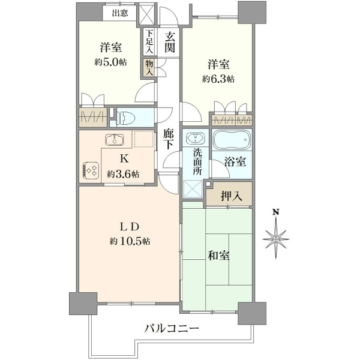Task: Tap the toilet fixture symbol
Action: pyautogui.click(x=125, y=117)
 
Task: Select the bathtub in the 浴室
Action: pyautogui.click(x=232, y=140)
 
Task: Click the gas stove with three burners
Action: pyautogui.click(x=91, y=170)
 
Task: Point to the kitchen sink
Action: pyautogui.click(x=115, y=140)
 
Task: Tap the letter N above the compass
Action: pyautogui.click(x=275, y=212)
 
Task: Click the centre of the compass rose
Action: pyautogui.click(x=276, y=239)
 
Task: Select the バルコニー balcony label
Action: pyautogui.click(x=172, y=328)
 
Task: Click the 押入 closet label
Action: pyautogui.click(x=232, y=196)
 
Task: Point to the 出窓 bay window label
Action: pyautogui.click(x=120, y=13)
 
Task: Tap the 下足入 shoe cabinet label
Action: pyautogui.click(x=149, y=42)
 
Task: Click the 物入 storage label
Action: pyautogui.click(x=149, y=68)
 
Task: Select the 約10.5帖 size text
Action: pyautogui.click(x=130, y=241)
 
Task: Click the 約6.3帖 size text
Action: pyautogui.click(x=218, y=79)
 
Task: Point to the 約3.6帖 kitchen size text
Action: pyautogui.click(x=123, y=174)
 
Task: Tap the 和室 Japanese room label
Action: pyautogui.click(x=218, y=256)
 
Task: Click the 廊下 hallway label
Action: pyautogui.click(x=169, y=139)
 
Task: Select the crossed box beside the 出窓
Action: pyautogui.click(x=148, y=14)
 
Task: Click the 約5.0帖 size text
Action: pyautogui.click(x=110, y=62)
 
